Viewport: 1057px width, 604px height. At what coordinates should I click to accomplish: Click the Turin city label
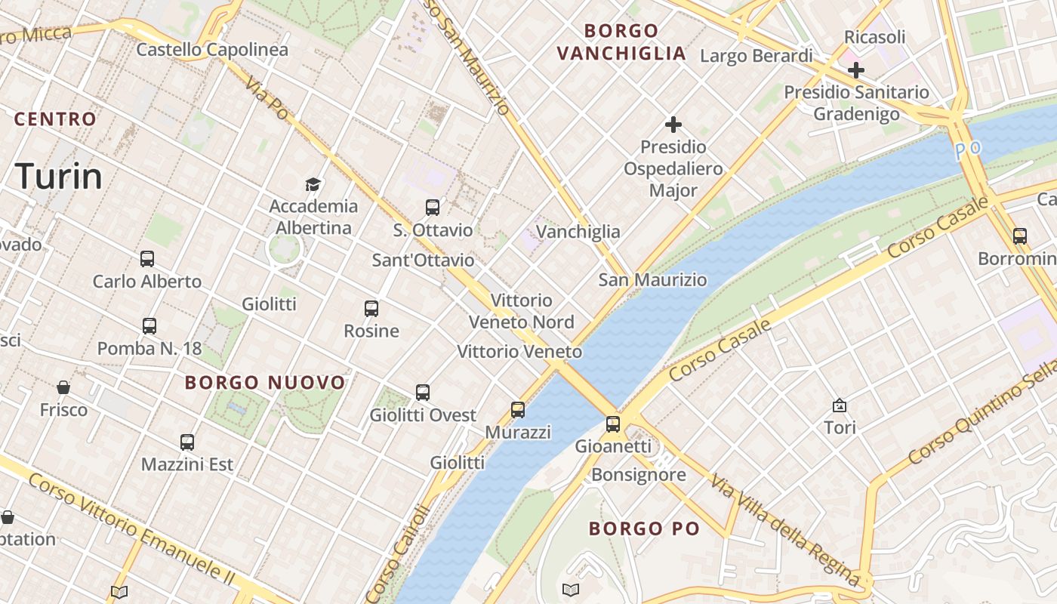[59, 176]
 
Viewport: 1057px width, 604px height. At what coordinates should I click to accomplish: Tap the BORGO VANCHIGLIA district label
[621, 42]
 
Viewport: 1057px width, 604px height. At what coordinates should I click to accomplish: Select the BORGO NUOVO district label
[265, 382]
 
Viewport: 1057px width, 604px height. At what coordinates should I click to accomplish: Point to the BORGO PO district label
[644, 528]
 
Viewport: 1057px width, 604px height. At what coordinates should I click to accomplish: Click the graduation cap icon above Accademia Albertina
[313, 183]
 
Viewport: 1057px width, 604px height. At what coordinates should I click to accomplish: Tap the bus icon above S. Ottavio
[433, 208]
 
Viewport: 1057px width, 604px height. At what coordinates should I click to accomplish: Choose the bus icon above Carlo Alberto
[147, 259]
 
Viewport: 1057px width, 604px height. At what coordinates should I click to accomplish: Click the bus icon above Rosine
[371, 308]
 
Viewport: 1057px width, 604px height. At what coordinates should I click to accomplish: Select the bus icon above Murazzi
[518, 410]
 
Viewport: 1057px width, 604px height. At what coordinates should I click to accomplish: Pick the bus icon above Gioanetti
[613, 424]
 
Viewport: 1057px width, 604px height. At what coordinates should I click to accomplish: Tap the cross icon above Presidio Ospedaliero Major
[673, 125]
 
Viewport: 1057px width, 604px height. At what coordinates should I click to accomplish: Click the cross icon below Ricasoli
[855, 70]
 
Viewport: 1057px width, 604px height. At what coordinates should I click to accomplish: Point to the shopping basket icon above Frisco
[63, 387]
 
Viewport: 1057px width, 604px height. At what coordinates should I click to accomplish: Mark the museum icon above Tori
[839, 405]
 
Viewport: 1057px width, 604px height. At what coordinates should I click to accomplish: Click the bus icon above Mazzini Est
[187, 442]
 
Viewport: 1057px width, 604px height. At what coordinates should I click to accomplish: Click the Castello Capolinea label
[212, 50]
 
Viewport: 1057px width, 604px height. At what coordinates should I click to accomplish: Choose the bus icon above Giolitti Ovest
[423, 393]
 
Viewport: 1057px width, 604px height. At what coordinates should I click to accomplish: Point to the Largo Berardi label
[757, 56]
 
